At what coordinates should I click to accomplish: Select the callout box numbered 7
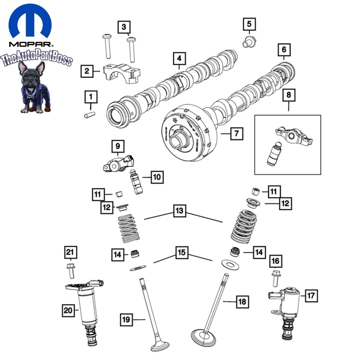[237, 133]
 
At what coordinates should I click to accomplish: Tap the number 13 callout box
[179, 211]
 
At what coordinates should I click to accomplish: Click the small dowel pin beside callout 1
[90, 115]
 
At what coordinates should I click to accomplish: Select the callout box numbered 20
[69, 310]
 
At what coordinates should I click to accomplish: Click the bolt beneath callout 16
[276, 278]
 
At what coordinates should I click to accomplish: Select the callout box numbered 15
[182, 253]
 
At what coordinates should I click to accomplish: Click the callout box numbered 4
[179, 58]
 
